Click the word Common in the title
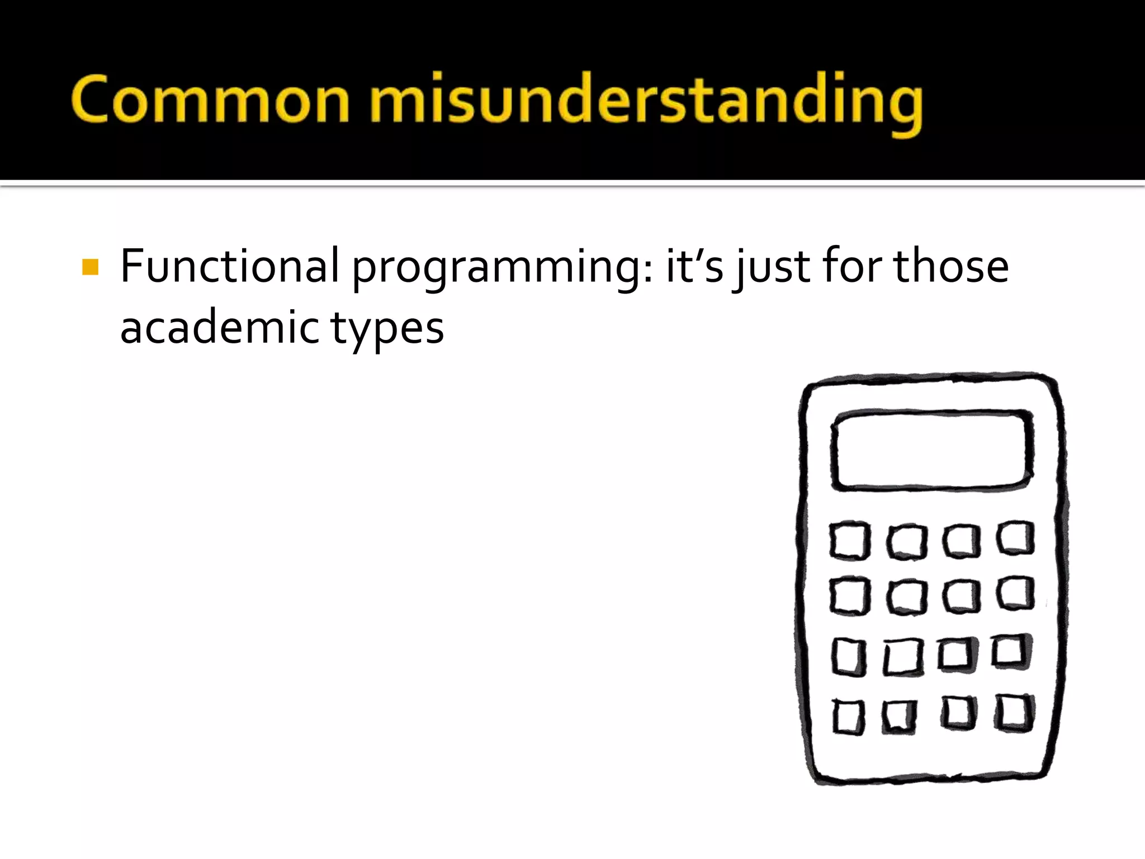point(210,100)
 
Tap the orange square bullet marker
point(90,267)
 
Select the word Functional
point(230,266)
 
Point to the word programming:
point(502,268)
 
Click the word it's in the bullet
point(694,266)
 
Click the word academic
point(219,328)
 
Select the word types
point(387,330)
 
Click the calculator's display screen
point(931,451)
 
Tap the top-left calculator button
point(849,541)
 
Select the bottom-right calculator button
point(1014,713)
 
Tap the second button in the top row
point(906,541)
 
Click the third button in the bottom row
point(958,713)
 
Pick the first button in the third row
point(849,657)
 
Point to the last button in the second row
point(1015,593)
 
